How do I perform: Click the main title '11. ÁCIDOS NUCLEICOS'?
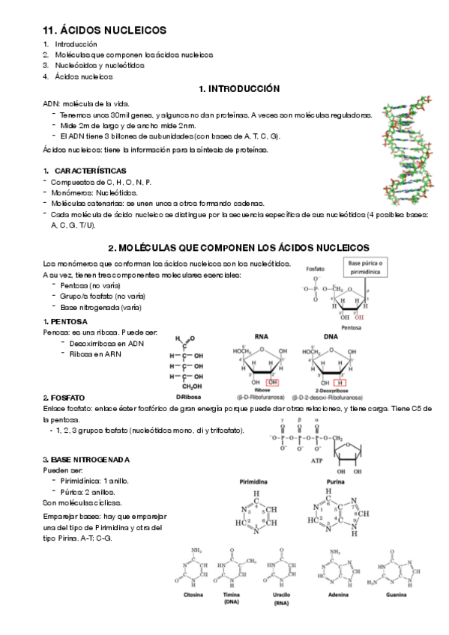click(104, 30)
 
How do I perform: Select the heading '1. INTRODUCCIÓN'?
click(239, 88)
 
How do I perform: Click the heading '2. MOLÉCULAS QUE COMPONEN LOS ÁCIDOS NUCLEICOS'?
click(239, 247)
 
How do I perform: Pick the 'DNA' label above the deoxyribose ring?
click(331, 336)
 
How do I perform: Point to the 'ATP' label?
click(316, 462)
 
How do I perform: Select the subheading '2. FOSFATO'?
click(64, 398)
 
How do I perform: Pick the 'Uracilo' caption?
click(281, 595)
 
